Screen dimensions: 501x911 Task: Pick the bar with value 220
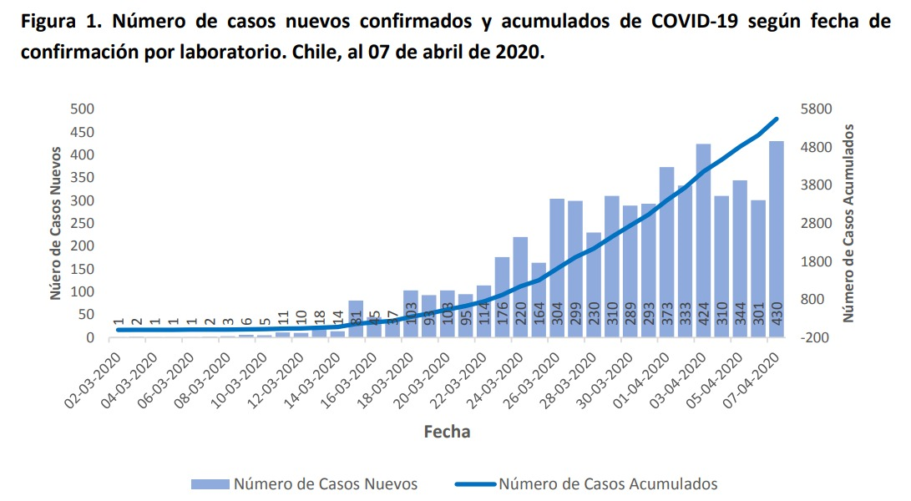[520, 287]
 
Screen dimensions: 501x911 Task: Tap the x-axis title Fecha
[447, 432]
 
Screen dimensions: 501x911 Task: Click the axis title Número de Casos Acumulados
[848, 223]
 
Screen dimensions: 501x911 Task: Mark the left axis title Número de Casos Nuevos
[55, 223]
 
